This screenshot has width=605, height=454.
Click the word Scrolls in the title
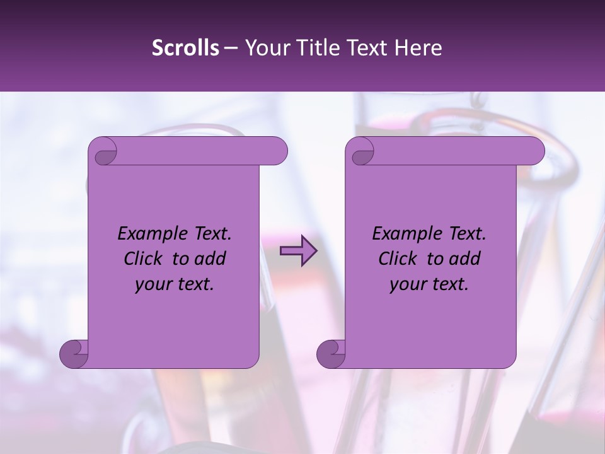(x=185, y=48)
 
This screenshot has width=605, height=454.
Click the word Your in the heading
(x=267, y=48)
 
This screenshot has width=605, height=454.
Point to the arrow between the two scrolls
(x=298, y=251)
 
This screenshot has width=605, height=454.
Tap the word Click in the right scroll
(x=398, y=259)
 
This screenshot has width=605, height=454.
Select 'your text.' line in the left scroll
(x=174, y=284)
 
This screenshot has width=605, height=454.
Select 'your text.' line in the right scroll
(x=429, y=284)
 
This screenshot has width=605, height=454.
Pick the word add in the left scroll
(x=209, y=259)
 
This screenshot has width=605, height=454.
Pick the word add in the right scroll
(x=464, y=259)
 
